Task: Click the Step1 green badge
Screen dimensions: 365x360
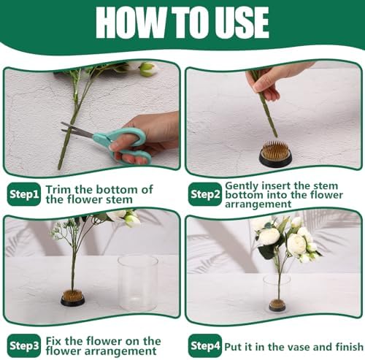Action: click(x=24, y=194)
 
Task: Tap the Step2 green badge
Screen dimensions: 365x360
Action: click(x=205, y=194)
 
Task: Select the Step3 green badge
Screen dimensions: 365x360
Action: click(x=24, y=345)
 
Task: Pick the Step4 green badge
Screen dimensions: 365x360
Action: click(x=205, y=345)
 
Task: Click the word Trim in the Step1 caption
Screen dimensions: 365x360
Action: click(x=58, y=189)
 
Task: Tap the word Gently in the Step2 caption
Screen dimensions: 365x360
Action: click(x=242, y=186)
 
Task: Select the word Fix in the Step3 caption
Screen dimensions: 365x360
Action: click(x=53, y=341)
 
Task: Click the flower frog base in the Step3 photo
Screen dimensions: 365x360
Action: click(x=72, y=299)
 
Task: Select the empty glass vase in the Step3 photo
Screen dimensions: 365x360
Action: click(x=137, y=283)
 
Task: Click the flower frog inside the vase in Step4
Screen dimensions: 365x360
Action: click(x=277, y=305)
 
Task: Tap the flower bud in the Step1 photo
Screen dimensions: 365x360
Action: click(x=147, y=69)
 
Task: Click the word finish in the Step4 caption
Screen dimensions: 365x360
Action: click(x=349, y=347)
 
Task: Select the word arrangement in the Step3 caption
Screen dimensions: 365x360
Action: click(x=120, y=351)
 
